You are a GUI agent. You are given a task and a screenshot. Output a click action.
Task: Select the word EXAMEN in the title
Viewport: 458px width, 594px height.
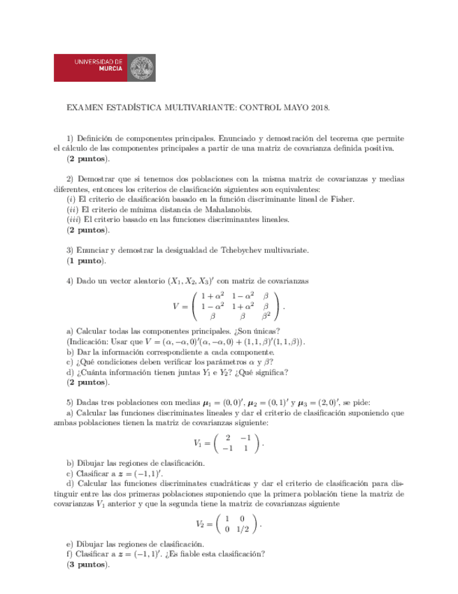point(83,109)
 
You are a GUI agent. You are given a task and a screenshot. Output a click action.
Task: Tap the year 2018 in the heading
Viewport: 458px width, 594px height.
point(317,109)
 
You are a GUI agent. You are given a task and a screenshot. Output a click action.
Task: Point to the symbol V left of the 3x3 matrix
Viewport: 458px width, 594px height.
point(176,306)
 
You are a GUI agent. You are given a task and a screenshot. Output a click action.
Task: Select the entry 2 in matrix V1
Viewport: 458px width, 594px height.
point(228,437)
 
